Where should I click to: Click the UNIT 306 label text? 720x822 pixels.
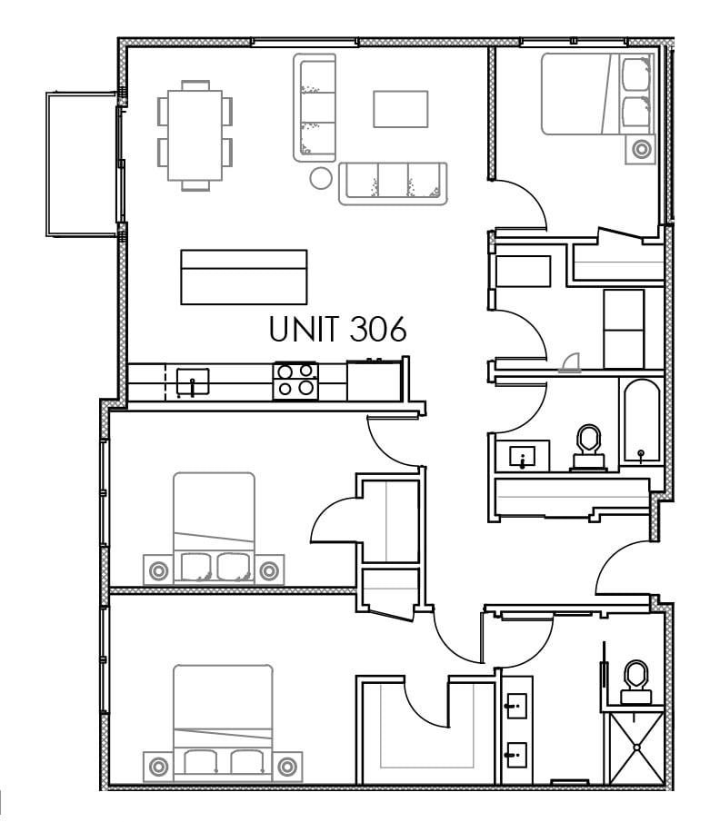point(337,329)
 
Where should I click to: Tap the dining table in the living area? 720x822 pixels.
point(195,135)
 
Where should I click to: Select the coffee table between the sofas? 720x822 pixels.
point(400,109)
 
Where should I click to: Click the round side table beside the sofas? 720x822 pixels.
point(321,178)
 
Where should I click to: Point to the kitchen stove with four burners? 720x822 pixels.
point(295,381)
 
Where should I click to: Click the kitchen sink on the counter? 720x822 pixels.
point(193,381)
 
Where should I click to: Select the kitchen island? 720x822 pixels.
point(244,277)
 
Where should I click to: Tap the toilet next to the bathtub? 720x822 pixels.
point(588,447)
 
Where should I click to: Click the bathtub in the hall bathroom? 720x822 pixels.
point(641,421)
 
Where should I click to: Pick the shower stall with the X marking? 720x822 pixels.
point(636,748)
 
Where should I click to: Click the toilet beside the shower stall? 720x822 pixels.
point(636,682)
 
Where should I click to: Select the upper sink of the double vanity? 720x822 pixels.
point(515,707)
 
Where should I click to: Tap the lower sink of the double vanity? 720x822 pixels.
point(515,756)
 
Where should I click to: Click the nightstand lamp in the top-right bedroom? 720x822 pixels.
point(641,149)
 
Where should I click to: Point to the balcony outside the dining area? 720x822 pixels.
point(81,164)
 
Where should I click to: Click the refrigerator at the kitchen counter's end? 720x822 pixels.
point(374,381)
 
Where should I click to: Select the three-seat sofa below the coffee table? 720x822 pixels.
point(393,183)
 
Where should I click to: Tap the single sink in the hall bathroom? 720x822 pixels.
point(522,457)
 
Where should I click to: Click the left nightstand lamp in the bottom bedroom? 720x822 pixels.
point(158,767)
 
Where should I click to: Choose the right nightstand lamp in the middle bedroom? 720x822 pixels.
point(269,570)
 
